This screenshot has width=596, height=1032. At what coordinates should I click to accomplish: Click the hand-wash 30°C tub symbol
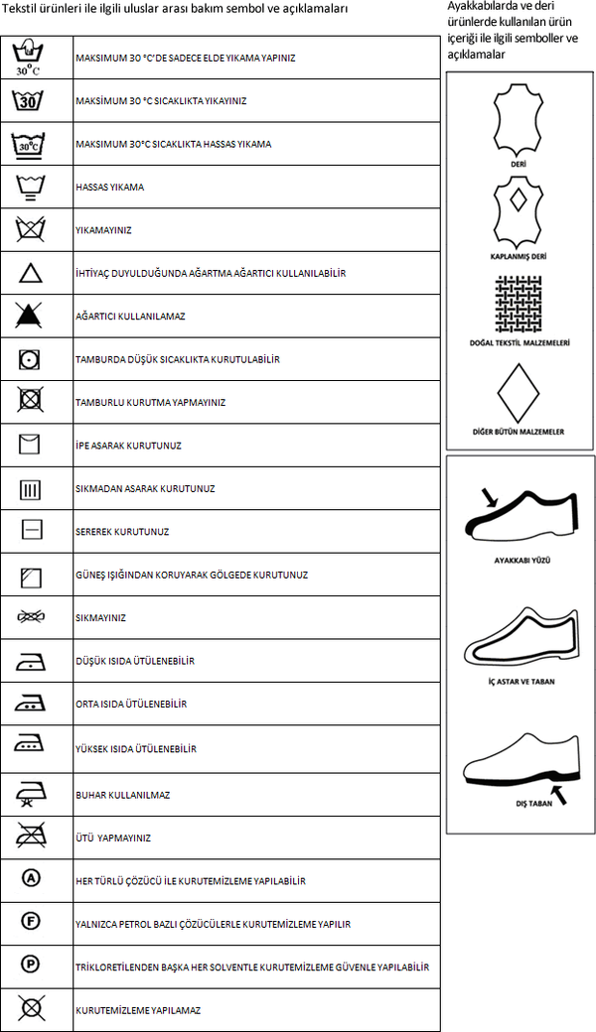pyautogui.click(x=30, y=58)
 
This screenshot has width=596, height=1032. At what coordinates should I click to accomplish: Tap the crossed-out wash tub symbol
pyautogui.click(x=30, y=230)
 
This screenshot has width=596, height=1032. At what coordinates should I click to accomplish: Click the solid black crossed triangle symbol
pyautogui.click(x=30, y=316)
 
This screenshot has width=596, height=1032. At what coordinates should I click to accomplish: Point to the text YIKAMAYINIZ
pyautogui.click(x=104, y=230)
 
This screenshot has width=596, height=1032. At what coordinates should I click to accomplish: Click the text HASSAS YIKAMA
pyautogui.click(x=110, y=187)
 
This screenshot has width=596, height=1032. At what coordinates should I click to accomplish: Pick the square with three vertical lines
pyautogui.click(x=30, y=488)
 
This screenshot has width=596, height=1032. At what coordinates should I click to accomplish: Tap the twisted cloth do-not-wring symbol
pyautogui.click(x=30, y=617)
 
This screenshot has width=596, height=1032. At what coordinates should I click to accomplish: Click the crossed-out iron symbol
pyautogui.click(x=30, y=837)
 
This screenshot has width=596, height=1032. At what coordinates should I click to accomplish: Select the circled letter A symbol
pyautogui.click(x=30, y=879)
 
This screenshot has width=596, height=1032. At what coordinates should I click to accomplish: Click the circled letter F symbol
pyautogui.click(x=30, y=922)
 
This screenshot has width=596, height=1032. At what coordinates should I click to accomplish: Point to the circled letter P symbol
pyautogui.click(x=30, y=964)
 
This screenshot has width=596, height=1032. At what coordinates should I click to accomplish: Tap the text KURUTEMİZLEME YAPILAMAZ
pyautogui.click(x=138, y=1010)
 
